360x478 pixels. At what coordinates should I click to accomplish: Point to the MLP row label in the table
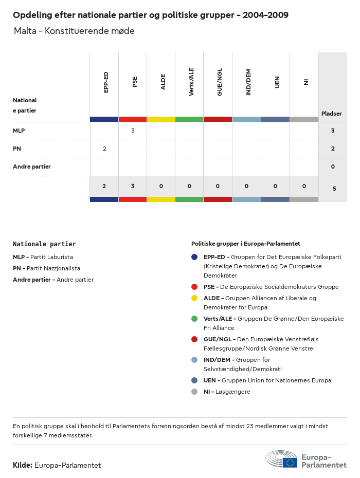click(19, 131)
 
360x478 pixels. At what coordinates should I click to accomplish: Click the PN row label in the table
click(16, 149)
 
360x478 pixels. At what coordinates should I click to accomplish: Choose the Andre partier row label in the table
click(32, 167)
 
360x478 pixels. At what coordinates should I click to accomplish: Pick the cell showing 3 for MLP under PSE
click(133, 131)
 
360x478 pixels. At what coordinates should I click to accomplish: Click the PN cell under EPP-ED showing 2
click(104, 149)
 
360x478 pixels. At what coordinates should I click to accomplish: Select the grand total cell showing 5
click(334, 189)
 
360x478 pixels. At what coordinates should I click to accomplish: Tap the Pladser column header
click(332, 114)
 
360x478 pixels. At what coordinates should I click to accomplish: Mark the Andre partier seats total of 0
click(333, 167)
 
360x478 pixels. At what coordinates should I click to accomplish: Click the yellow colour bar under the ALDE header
click(161, 119)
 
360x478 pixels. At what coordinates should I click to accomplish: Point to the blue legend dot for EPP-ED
click(194, 257)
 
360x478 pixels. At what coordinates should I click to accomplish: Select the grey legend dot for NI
click(194, 392)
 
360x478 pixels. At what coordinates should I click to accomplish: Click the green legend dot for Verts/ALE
click(194, 319)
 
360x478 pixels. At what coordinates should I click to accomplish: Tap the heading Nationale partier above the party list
click(44, 244)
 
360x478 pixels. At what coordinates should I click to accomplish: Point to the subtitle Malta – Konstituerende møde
click(75, 31)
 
